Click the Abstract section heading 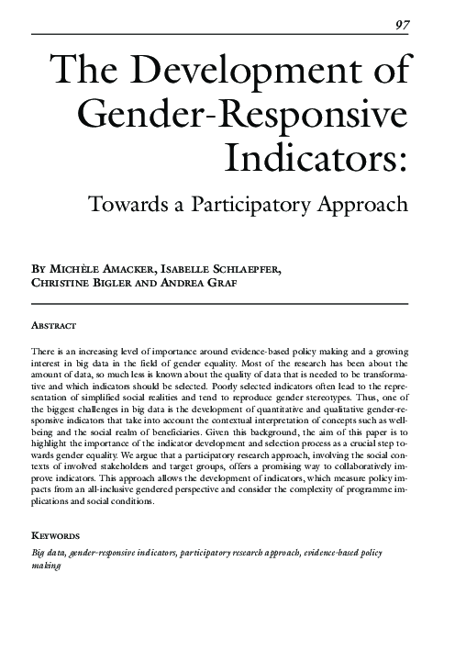pyautogui.click(x=53, y=326)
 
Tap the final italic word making pyautogui.click(x=46, y=567)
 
